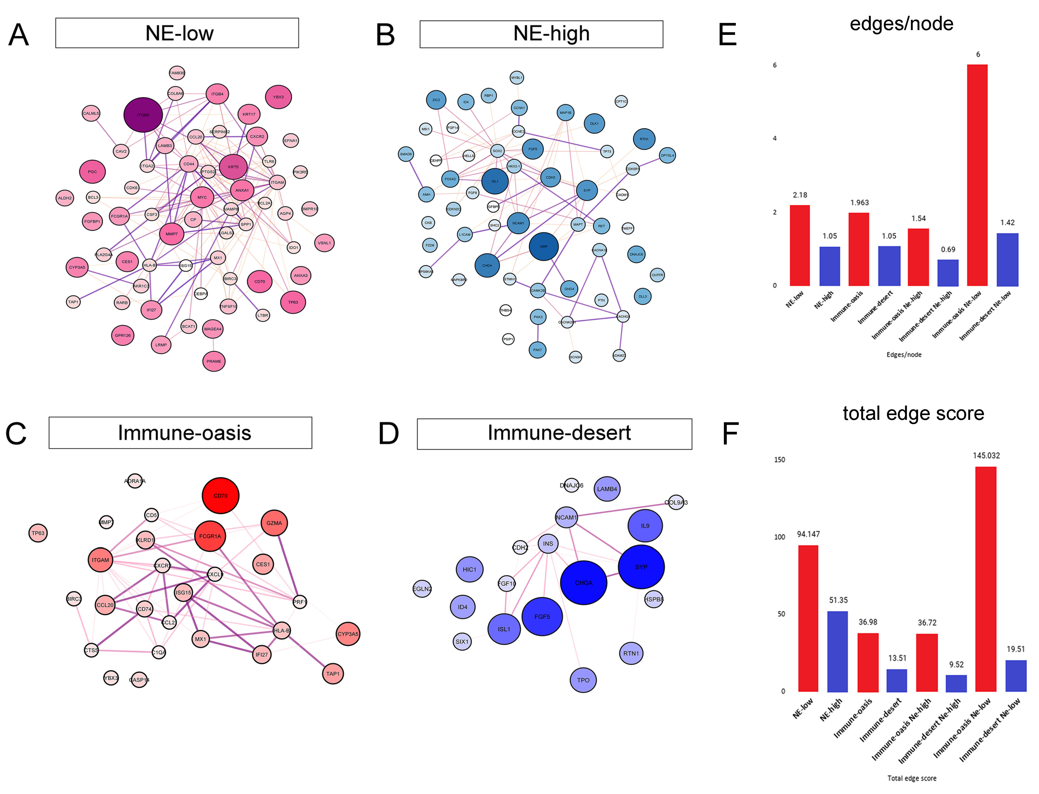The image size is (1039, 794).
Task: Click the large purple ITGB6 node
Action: [143, 115]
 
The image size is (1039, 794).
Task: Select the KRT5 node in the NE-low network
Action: [233, 167]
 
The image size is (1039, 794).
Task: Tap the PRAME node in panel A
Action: [214, 361]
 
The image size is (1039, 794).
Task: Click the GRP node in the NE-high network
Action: [543, 246]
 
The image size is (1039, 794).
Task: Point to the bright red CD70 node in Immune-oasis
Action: [220, 496]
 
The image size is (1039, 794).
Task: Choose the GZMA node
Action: [274, 523]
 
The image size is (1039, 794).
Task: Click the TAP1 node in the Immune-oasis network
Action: [333, 674]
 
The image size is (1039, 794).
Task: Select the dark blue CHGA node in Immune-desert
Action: [584, 583]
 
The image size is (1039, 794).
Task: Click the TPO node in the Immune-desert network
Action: [583, 680]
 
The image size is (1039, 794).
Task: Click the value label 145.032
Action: [986, 456]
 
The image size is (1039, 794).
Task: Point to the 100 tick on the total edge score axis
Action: [780, 537]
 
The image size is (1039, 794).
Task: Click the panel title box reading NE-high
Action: [541, 34]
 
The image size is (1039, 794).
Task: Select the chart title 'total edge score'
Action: [913, 414]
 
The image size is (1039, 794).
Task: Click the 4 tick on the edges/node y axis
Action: [774, 139]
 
